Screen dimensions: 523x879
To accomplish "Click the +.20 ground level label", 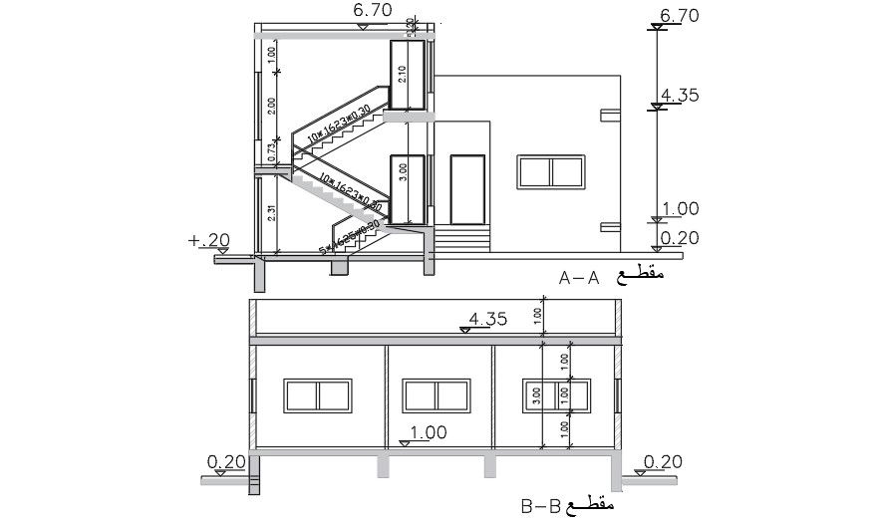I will click(x=207, y=240).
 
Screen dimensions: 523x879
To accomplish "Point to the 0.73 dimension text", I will click(x=270, y=150).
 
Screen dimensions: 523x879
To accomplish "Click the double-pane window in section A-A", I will click(x=550, y=171).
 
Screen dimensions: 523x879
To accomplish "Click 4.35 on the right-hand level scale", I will click(x=680, y=96).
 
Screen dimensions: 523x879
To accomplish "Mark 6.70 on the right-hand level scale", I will click(x=680, y=15).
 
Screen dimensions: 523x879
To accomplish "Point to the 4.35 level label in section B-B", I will click(x=488, y=320).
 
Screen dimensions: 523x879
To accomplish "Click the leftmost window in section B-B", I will click(x=316, y=395).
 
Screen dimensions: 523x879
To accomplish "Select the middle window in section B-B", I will click(x=434, y=395).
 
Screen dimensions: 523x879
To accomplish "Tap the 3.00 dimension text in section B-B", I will click(x=537, y=395).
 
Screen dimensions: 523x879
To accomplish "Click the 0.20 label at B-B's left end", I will click(x=226, y=461).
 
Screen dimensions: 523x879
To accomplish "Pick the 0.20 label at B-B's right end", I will click(x=663, y=461).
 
